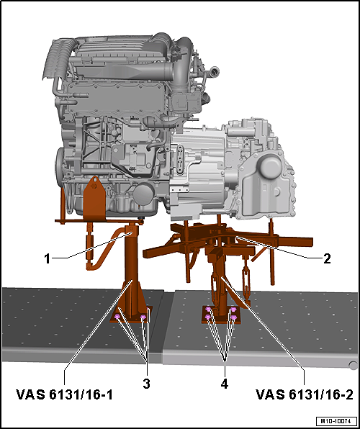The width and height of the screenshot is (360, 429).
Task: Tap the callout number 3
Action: click(x=146, y=384)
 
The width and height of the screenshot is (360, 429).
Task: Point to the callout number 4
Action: click(x=224, y=384)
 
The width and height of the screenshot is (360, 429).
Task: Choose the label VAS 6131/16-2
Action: click(x=303, y=394)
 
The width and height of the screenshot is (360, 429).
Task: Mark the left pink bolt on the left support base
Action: click(x=117, y=317)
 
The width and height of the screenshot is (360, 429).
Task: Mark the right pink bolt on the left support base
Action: click(x=143, y=316)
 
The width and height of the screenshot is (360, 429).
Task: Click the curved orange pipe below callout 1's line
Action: click(x=101, y=252)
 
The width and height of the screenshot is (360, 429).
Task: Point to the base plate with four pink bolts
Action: click(x=221, y=317)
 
